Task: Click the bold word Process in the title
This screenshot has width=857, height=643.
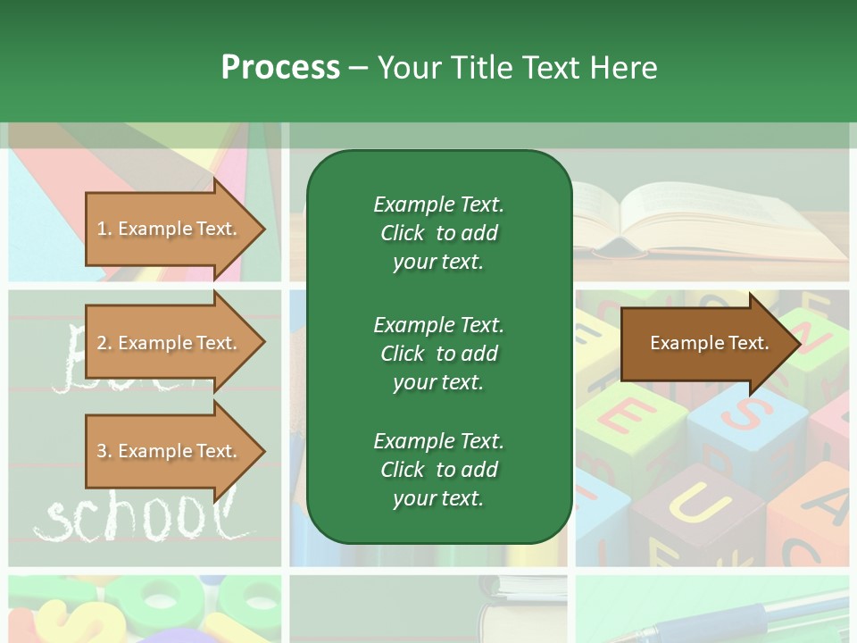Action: click(x=280, y=68)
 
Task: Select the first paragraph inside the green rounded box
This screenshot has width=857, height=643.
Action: click(x=438, y=233)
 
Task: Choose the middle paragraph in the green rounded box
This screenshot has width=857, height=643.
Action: click(x=438, y=354)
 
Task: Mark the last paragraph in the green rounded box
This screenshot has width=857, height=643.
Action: click(x=438, y=470)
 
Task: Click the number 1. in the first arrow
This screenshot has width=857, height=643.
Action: click(x=104, y=229)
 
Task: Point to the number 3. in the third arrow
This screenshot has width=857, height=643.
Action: click(x=104, y=451)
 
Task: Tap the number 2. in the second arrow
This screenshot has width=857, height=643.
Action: click(x=104, y=343)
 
